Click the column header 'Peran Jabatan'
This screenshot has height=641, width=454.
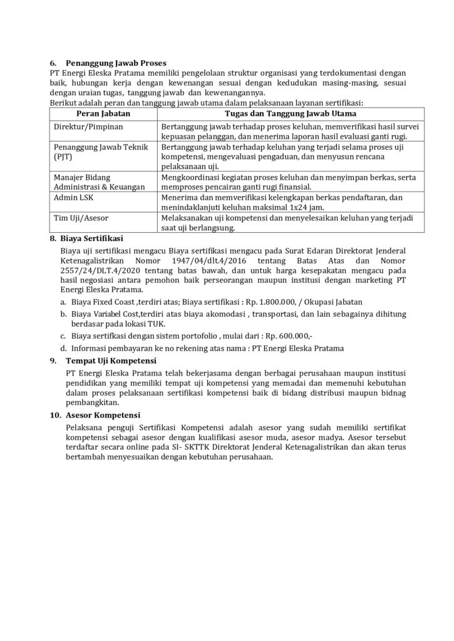103,114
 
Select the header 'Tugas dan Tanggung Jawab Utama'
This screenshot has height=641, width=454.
290,114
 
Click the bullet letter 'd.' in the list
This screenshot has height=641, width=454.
63,348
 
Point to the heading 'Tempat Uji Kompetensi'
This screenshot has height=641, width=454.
110,361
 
